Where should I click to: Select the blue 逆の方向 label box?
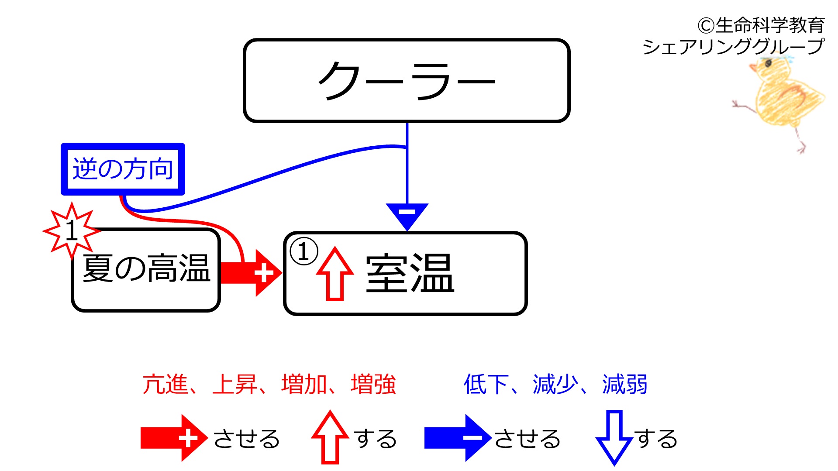123,169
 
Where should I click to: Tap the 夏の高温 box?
146,270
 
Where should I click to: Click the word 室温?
410,273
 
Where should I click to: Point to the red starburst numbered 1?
71,230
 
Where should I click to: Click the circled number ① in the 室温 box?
303,251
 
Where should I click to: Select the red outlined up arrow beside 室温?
335,274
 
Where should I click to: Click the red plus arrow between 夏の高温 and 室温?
251,273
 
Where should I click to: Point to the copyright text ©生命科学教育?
761,25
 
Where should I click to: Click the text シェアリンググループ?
734,47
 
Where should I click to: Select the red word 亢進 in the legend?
165,384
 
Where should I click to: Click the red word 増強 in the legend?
373,384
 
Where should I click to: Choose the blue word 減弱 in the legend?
625,384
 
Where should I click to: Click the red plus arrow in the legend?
174,438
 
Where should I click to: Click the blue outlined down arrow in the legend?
614,438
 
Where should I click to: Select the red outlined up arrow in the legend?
330,437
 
